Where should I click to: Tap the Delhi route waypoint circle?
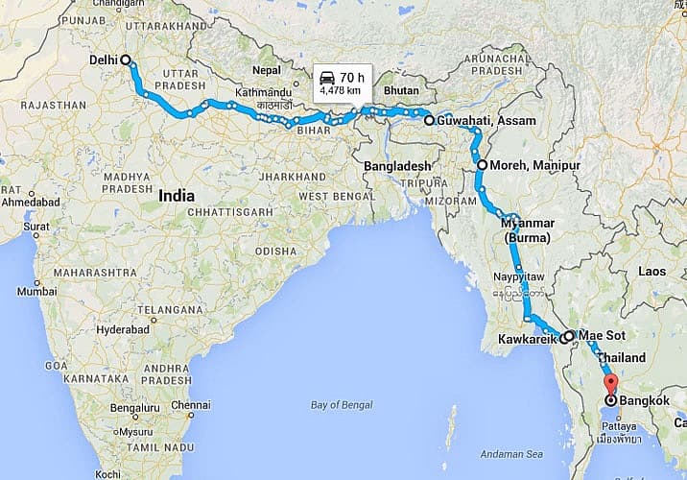coord(126,60)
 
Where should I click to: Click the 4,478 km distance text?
coord(341,91)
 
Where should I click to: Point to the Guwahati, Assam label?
coord(476,122)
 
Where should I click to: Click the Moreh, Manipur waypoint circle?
coord(481,166)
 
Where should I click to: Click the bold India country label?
coord(177,195)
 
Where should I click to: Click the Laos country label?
coord(651,272)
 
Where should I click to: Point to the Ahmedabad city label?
coord(30,203)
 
